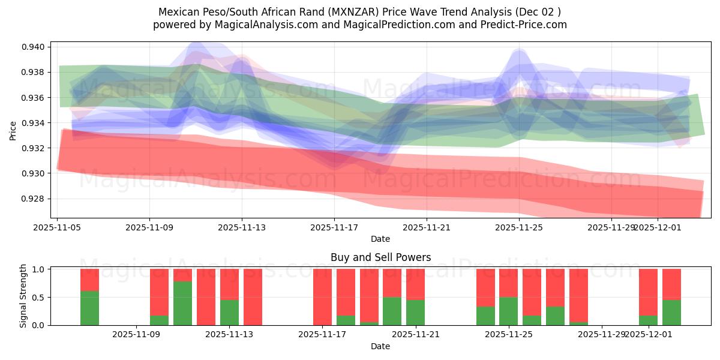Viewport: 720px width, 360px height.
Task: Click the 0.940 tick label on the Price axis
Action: (34, 47)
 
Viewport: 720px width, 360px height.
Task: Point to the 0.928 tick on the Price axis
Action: (34, 199)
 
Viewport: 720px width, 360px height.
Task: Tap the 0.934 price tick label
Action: (34, 123)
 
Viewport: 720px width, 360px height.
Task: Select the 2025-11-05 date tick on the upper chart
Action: (57, 227)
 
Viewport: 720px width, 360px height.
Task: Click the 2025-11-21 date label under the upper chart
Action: (426, 227)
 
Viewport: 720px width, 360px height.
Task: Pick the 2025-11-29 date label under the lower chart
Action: (601, 335)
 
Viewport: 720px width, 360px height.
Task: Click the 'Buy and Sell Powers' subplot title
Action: (380, 257)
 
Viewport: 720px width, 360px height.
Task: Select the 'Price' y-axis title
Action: (13, 131)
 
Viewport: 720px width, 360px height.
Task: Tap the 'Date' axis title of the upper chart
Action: (380, 239)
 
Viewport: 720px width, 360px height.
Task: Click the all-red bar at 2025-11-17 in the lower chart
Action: (322, 297)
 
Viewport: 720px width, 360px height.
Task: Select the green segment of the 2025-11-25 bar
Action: (509, 311)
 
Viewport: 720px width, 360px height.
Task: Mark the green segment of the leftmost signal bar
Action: (89, 308)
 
